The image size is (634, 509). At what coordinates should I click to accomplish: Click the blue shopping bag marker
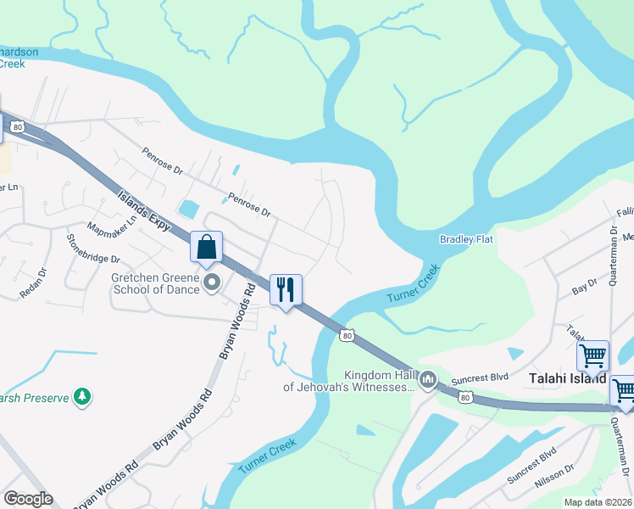207,248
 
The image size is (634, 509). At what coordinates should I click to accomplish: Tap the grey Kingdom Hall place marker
428,380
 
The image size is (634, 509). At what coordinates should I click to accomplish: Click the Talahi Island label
566,378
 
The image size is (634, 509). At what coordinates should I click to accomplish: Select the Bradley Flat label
466,240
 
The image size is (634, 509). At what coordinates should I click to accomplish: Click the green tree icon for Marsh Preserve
82,396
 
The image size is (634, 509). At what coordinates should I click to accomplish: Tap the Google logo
28,499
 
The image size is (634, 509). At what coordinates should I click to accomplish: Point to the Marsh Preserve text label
34,396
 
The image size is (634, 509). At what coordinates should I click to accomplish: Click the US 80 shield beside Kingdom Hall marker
464,397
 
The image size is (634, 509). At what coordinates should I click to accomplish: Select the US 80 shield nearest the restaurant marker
347,336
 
